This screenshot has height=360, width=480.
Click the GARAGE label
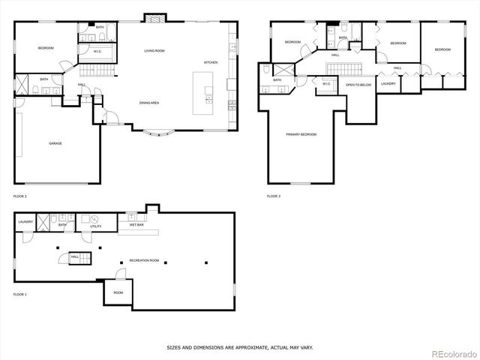click(55, 142)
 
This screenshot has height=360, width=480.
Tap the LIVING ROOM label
click(154, 51)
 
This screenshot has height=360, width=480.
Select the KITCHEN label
click(211, 62)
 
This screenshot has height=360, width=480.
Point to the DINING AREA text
click(148, 102)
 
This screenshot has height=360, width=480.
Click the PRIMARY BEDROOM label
click(301, 135)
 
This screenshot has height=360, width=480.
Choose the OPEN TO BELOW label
click(358, 85)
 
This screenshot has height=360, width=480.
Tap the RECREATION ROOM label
click(144, 259)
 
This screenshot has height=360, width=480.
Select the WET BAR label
click(136, 224)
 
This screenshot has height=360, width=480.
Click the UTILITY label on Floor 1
click(96, 226)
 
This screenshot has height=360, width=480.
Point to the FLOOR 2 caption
click(20, 196)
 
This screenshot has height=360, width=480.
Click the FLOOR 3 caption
click(274, 196)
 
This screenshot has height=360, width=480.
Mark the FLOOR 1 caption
click(20, 295)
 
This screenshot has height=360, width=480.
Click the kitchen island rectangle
click(203, 93)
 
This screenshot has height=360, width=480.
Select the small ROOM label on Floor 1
click(118, 292)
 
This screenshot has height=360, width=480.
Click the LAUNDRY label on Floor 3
click(388, 83)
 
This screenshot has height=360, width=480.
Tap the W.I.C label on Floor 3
click(327, 83)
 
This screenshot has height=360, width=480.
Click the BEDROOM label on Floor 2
click(46, 48)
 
